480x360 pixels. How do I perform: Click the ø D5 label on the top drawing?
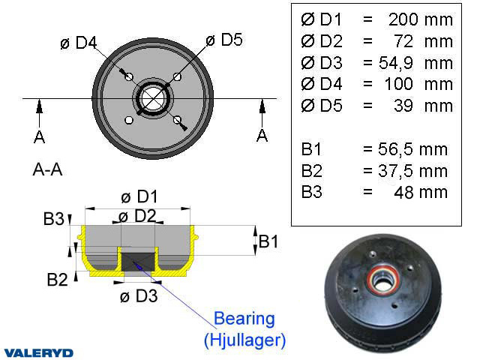[x=224, y=40]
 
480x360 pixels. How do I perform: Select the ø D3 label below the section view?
[x=139, y=295]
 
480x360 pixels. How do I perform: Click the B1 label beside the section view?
[x=269, y=241]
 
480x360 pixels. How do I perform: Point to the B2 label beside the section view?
[x=58, y=280]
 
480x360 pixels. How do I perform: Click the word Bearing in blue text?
[x=244, y=319]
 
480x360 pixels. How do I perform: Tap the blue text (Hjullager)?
[x=244, y=340]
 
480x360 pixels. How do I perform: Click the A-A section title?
[x=47, y=170]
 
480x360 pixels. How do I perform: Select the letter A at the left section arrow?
[x=38, y=136]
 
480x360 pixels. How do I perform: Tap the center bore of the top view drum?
[x=154, y=98]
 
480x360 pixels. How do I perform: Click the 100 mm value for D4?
[x=421, y=83]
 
